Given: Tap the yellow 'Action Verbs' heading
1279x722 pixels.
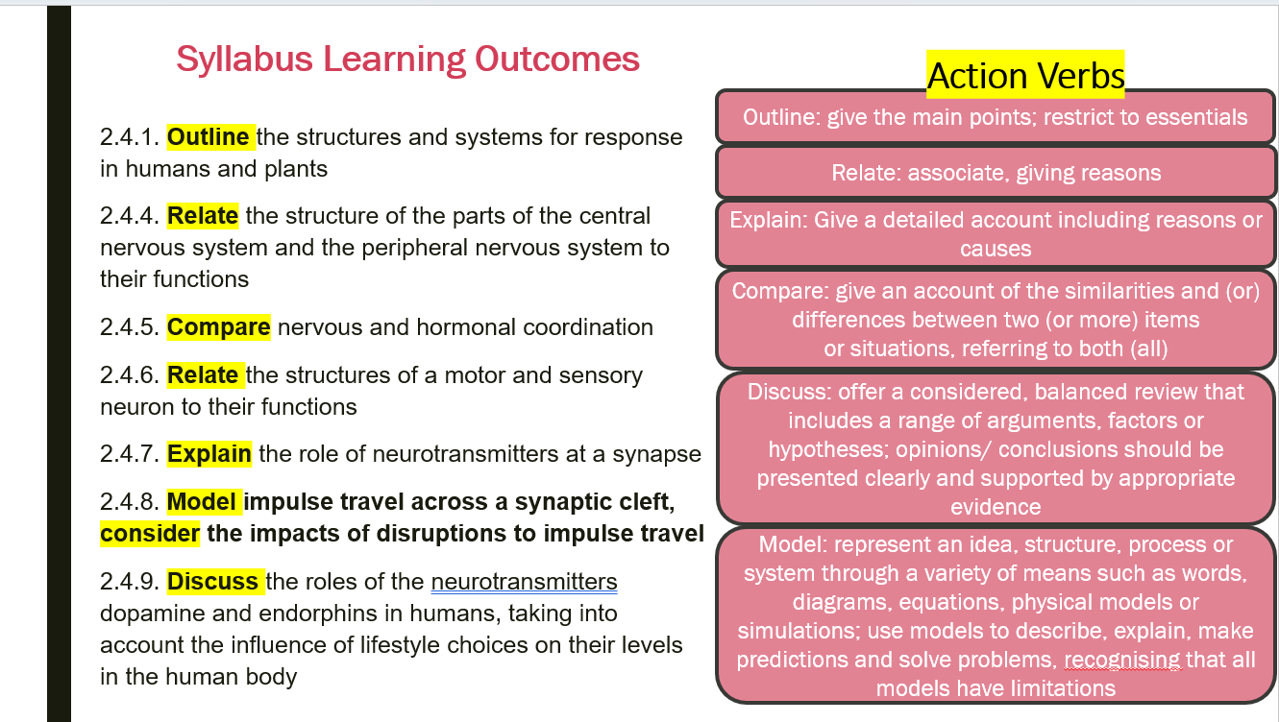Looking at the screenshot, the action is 1025,75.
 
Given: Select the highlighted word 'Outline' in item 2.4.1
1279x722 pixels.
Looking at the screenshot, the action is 208,137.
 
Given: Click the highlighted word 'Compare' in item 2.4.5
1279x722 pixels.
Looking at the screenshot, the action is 219,327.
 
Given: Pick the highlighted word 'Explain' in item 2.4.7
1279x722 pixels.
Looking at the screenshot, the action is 209,454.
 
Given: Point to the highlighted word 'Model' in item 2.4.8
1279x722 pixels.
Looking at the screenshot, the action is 202,502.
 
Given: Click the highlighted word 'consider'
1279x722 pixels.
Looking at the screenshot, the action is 150,534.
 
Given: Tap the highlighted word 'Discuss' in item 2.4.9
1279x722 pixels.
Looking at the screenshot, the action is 212,582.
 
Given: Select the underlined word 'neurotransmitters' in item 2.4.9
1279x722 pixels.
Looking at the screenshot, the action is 524,582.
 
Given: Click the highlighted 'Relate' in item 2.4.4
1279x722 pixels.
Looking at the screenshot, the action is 203,216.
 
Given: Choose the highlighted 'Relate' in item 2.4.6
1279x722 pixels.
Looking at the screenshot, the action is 203,375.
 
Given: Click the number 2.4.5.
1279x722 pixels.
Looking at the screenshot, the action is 129,327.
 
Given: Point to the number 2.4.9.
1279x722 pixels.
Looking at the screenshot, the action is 129,582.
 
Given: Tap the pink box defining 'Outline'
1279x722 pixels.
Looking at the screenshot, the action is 996,117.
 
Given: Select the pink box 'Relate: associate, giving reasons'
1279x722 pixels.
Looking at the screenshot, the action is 996,172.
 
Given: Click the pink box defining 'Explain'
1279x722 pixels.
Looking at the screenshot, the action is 996,234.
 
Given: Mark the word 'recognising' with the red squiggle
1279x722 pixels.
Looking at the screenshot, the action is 1122,661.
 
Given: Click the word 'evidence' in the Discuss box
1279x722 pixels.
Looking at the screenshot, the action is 996,507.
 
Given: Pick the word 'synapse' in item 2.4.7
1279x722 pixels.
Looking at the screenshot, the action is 656,455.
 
